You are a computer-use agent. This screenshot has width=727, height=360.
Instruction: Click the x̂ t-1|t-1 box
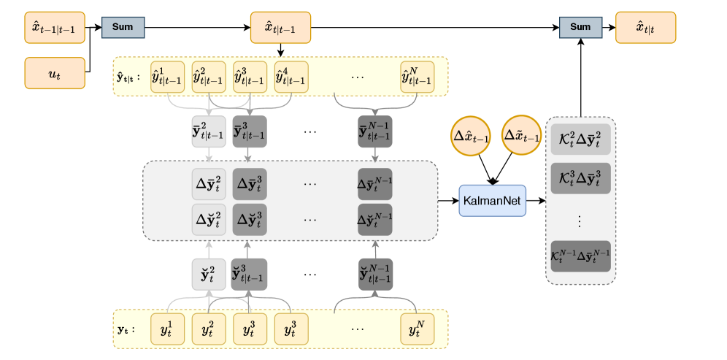(x=54, y=28)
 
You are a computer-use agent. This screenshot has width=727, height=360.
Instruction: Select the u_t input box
(x=54, y=74)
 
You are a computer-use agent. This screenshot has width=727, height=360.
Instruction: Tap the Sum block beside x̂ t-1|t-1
(x=123, y=27)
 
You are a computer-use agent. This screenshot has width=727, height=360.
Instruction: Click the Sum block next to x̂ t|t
(x=580, y=27)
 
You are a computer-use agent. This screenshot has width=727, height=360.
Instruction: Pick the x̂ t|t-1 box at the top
(x=280, y=28)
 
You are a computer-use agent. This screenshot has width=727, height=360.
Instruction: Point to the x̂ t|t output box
(x=645, y=28)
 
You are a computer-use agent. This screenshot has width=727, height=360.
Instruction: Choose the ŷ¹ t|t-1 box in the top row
(x=168, y=77)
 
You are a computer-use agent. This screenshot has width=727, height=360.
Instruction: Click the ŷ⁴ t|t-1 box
(x=291, y=77)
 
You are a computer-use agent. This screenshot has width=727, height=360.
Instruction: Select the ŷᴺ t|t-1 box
(x=418, y=77)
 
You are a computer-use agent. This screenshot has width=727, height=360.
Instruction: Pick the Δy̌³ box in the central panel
(x=250, y=219)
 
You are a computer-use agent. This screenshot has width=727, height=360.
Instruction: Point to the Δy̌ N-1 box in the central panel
(x=375, y=219)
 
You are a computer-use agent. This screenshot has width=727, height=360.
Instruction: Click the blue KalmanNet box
(x=492, y=201)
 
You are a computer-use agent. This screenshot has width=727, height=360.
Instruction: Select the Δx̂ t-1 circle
(x=470, y=137)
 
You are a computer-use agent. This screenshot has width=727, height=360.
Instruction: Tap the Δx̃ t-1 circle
(x=522, y=137)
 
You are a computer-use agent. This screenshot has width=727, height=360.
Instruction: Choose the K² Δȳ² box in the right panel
(x=580, y=139)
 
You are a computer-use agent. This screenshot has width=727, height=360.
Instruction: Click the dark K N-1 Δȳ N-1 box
(x=580, y=256)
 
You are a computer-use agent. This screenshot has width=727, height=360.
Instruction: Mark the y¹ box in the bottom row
(x=168, y=329)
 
